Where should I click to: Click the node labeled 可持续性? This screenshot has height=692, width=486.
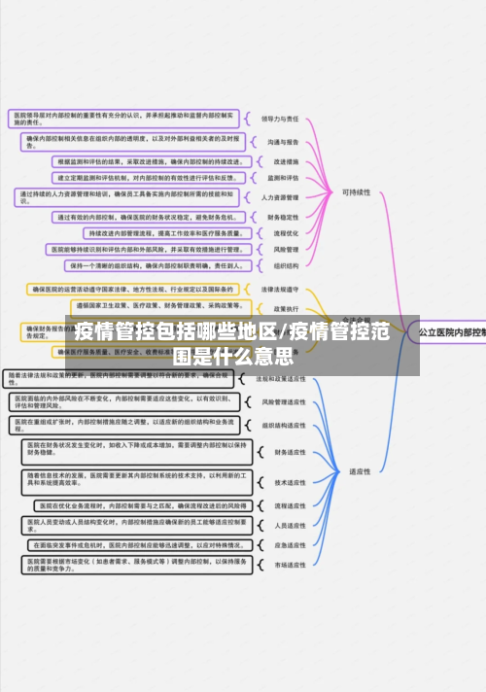356,192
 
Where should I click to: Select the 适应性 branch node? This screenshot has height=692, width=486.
360,471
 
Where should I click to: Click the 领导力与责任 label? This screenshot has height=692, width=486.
281,119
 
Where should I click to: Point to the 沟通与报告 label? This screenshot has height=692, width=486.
281,141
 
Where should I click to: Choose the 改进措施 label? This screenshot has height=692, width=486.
281,161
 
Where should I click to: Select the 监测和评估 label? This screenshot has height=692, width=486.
281,178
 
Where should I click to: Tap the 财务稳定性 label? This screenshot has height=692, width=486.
282,217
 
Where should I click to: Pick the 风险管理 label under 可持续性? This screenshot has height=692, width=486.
281,249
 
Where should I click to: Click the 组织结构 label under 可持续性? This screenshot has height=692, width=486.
281,264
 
